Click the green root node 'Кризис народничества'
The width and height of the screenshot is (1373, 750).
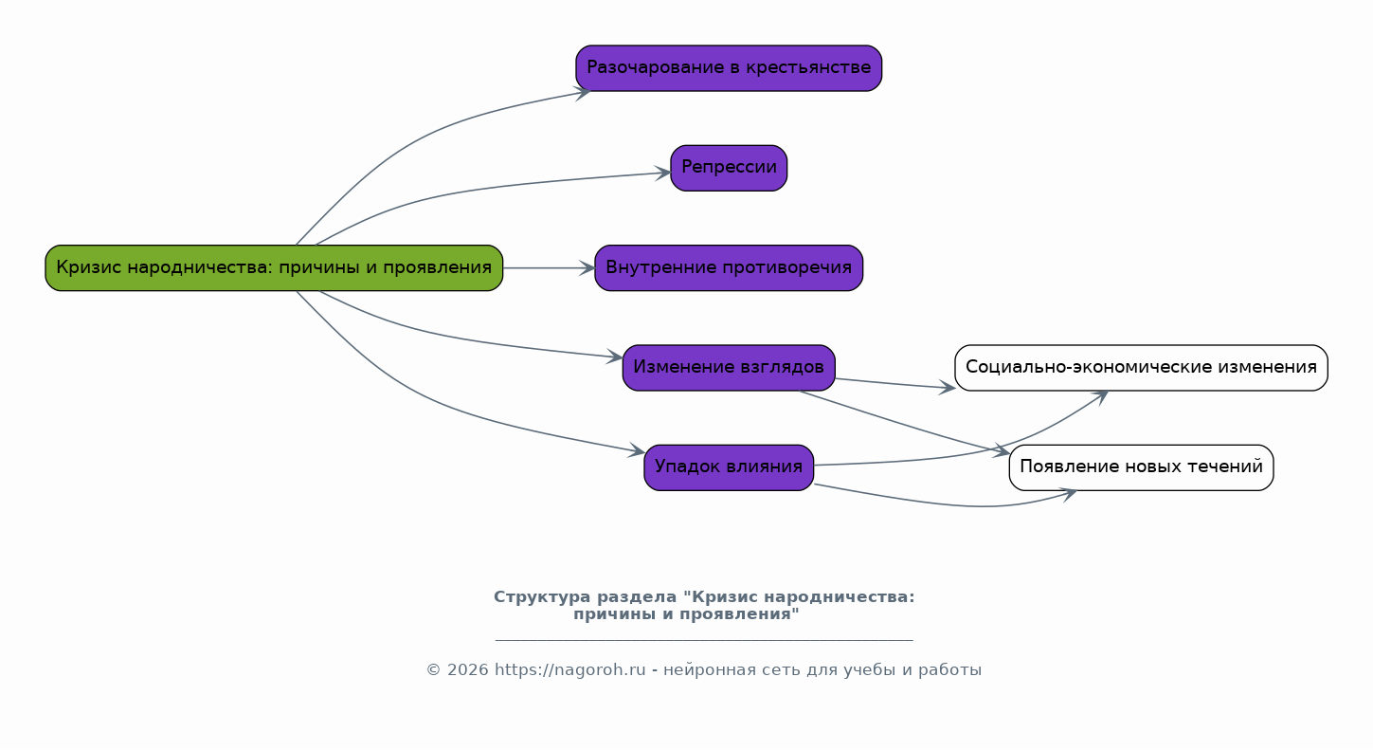tap(274, 267)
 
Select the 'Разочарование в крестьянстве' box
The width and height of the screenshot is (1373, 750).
tap(729, 68)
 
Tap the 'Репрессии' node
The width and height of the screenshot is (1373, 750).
tap(729, 168)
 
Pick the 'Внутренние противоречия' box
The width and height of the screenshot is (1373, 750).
tap(729, 267)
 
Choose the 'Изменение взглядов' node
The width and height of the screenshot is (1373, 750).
tap(729, 367)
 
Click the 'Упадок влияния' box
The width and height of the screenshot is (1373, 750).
tap(729, 467)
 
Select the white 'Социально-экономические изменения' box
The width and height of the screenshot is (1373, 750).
tap(1141, 367)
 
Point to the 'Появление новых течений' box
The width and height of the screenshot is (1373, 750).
tap(1141, 467)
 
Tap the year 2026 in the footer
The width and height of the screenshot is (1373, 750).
tap(468, 670)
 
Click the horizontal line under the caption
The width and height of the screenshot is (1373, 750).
tap(704, 641)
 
